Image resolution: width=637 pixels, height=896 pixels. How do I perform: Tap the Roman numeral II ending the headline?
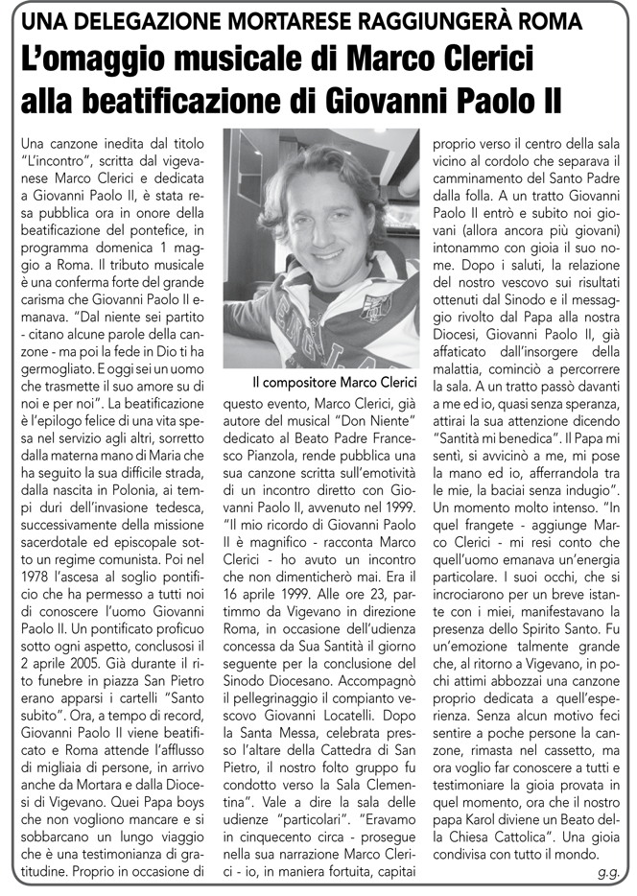point(548,99)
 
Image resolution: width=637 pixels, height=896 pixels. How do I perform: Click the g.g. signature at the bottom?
point(605,873)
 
